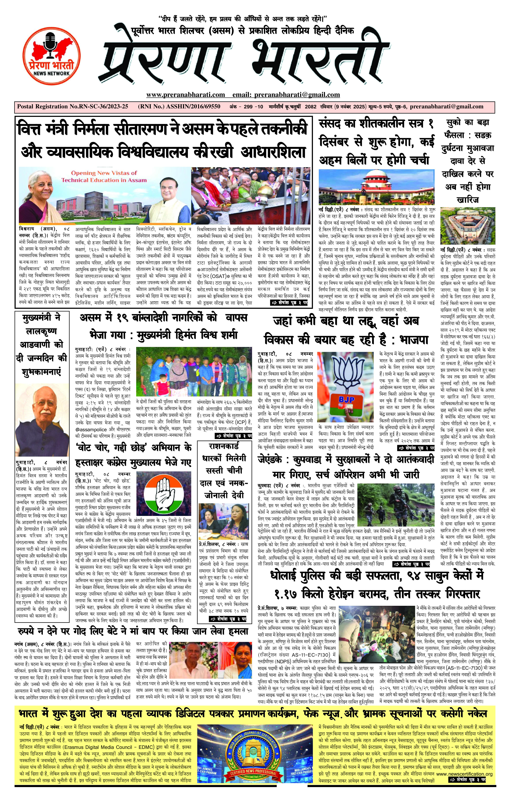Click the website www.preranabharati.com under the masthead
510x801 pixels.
tap(185, 95)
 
